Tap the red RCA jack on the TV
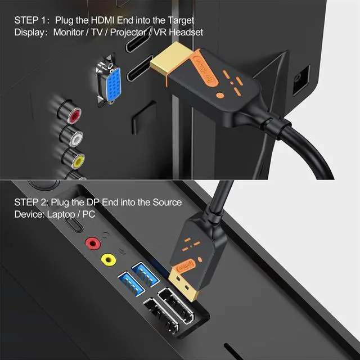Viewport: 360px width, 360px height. (x=73, y=116)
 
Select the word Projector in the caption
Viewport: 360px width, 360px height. (x=129, y=32)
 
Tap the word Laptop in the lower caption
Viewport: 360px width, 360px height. (x=62, y=214)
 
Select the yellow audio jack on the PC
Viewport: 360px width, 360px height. (x=107, y=259)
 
